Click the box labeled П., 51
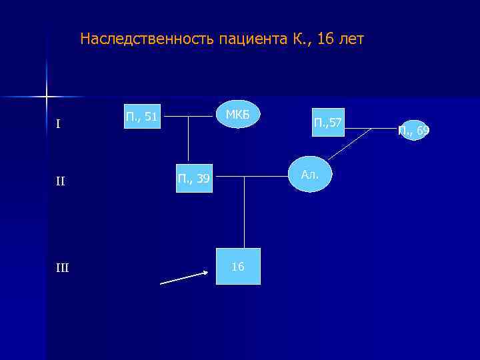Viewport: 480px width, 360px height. coord(142,117)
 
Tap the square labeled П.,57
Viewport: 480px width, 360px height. coord(327,122)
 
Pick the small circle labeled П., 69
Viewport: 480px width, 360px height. coord(413,130)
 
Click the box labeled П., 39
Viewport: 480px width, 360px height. coord(193,177)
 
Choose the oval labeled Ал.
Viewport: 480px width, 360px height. coord(309,175)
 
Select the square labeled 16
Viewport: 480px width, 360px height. coord(238,267)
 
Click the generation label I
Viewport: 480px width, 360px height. coord(59,124)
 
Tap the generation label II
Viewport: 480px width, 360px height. coord(61,181)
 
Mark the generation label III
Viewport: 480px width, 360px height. coord(62,268)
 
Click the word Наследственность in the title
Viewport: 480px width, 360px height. coord(137,39)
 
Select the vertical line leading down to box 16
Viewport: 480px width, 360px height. coord(245,213)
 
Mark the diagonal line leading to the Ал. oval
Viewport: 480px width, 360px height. coord(349,144)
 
